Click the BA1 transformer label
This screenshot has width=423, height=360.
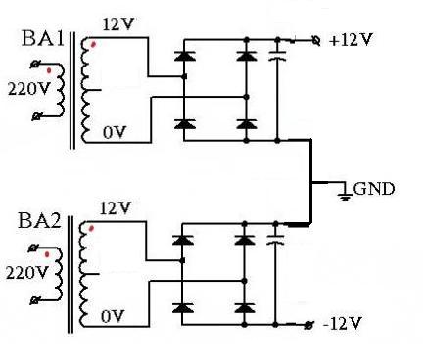coord(43,38)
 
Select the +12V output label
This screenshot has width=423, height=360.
coord(351,39)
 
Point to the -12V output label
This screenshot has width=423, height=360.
coord(343,323)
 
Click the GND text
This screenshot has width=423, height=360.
coord(374,189)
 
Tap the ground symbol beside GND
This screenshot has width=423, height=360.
coord(345,193)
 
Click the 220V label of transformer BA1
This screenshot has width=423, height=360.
coord(28,89)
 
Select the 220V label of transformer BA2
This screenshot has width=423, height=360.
coord(26,273)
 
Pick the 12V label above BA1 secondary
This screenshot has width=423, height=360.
coord(118,24)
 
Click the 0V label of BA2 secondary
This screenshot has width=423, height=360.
coord(113,316)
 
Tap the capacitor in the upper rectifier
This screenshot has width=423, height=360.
coord(277,56)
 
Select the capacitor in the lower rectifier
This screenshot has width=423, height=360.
coord(275,240)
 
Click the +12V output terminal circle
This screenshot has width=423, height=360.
coord(316,41)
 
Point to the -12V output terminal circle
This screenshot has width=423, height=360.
coord(308,325)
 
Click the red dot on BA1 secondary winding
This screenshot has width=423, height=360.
coord(93,44)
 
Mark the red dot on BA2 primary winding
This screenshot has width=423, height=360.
coord(47,254)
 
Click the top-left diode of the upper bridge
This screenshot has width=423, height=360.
coord(185,56)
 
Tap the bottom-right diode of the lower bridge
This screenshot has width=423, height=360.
coord(245,308)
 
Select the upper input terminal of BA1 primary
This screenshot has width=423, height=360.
coord(35,65)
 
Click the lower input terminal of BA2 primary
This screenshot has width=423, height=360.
coord(34,300)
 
